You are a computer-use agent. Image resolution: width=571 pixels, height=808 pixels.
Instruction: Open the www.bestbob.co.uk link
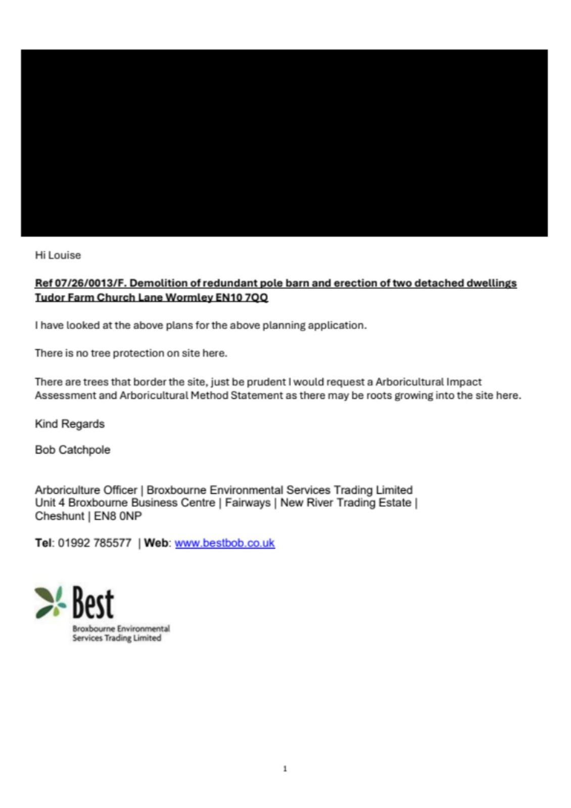[x=224, y=543]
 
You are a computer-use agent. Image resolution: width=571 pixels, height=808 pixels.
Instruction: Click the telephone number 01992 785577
[x=94, y=543]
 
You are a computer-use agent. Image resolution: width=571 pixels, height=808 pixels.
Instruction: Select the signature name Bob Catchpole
[x=72, y=449]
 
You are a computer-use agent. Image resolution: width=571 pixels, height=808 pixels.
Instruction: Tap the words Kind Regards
[x=70, y=424]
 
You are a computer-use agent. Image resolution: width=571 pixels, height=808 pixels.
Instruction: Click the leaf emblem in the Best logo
[x=51, y=601]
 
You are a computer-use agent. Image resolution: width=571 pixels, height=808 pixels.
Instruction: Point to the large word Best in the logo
[x=93, y=602]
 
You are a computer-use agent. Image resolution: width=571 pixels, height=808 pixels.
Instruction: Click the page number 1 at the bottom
[x=285, y=769]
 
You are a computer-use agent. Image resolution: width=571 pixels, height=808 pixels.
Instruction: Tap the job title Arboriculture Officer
[x=86, y=490]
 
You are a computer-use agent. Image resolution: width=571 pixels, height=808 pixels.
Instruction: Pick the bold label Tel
[x=43, y=543]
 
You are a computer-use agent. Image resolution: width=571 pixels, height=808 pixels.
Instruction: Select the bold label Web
[x=157, y=543]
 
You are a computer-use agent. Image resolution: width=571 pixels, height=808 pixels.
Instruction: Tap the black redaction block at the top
[x=284, y=143]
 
